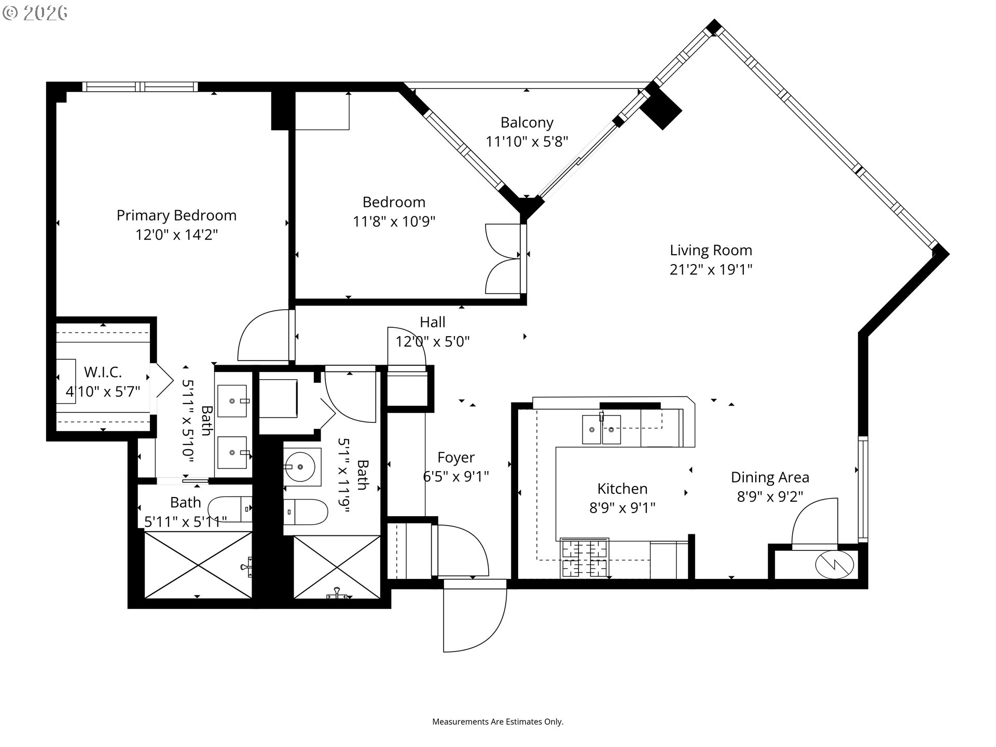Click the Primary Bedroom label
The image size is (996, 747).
(x=176, y=215)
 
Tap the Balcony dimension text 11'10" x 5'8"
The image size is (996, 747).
(x=527, y=142)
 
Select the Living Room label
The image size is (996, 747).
(x=711, y=250)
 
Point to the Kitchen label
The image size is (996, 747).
(x=622, y=489)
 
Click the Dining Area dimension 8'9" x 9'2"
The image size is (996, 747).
(x=770, y=496)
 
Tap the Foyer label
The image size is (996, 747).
(x=456, y=458)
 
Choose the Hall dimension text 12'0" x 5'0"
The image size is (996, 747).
(x=433, y=342)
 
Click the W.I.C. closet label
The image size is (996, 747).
(x=103, y=372)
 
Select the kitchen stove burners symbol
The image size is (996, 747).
(x=585, y=559)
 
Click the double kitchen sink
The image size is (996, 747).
(x=601, y=429)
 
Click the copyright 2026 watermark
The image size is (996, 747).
(x=35, y=13)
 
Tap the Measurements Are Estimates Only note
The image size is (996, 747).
(x=497, y=722)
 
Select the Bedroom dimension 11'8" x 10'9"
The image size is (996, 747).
(x=394, y=222)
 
